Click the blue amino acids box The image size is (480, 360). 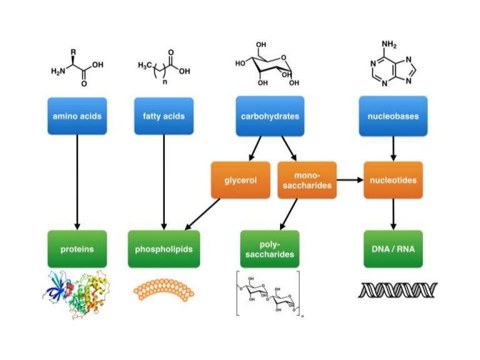tap(77, 116)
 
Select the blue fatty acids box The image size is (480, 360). tap(164, 116)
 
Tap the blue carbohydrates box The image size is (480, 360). tap(269, 116)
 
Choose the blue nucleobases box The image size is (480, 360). tap(392, 116)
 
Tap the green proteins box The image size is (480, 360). tap(77, 249)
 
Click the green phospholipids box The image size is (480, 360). tap(164, 249)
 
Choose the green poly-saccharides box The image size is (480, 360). tap(269, 249)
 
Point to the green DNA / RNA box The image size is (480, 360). tap(392, 249)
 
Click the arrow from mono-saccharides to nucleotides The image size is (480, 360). tap(350, 180)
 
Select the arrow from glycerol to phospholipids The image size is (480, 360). tap(203, 213)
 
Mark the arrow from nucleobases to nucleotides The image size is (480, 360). tap(392, 149)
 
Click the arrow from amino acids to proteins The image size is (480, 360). tap(77, 181)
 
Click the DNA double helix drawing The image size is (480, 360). tap(397, 290)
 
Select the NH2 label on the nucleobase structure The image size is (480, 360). tap(390, 45)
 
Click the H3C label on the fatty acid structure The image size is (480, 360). tap(146, 65)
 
